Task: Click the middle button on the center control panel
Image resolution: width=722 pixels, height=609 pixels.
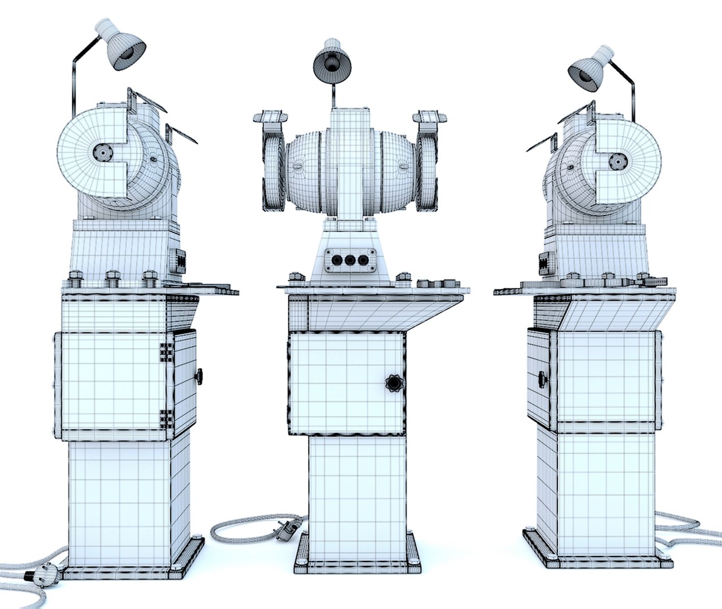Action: (350, 261)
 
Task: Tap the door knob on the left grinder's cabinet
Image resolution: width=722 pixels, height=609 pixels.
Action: (198, 376)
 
